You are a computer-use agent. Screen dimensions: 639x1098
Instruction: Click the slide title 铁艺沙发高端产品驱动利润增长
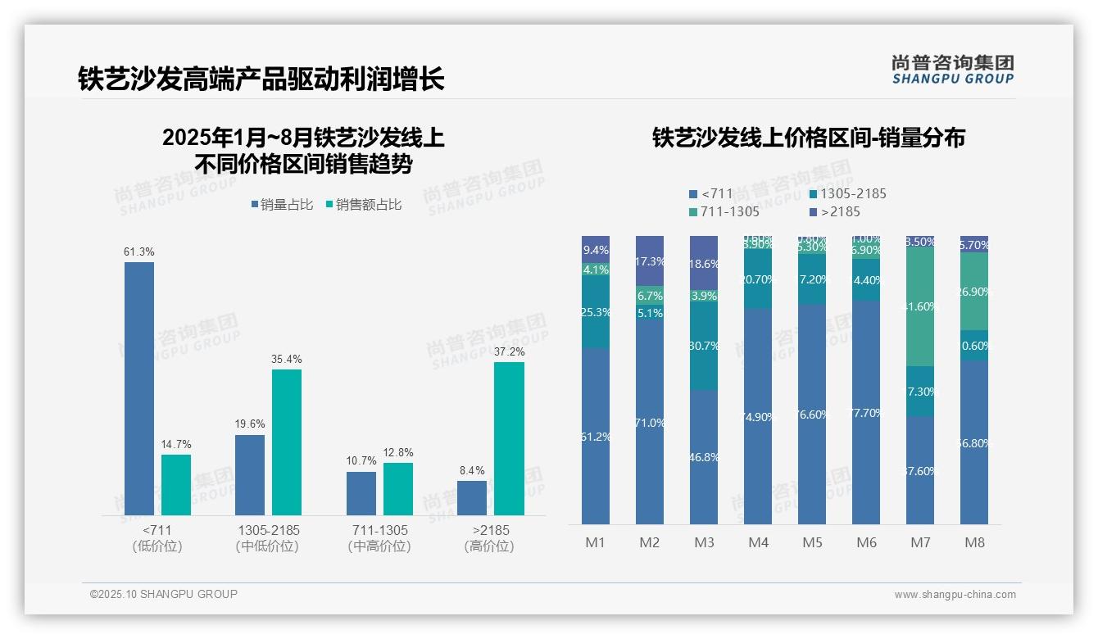tap(261, 79)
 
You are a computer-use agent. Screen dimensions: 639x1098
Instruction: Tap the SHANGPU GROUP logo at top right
tap(952, 70)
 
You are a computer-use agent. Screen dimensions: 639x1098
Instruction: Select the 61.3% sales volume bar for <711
tap(139, 388)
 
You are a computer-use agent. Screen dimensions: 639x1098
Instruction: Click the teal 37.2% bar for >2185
tap(509, 438)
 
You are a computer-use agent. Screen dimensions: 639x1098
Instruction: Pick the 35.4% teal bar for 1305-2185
tap(287, 442)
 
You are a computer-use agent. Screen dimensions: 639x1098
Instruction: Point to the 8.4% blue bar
tap(472, 498)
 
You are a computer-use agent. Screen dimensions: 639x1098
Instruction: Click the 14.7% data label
tap(176, 444)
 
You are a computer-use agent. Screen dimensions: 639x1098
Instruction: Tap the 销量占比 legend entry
tap(281, 205)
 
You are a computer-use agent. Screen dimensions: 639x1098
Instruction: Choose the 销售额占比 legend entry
tap(363, 205)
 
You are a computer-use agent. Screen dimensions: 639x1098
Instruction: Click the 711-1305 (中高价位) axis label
tap(378, 538)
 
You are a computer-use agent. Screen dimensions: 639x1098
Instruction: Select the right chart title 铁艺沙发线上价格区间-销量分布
tap(808, 138)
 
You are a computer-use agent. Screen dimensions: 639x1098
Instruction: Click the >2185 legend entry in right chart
tap(836, 212)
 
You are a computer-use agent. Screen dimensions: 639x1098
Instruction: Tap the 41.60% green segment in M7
tap(920, 306)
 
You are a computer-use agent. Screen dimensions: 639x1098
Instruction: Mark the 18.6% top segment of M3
tap(704, 264)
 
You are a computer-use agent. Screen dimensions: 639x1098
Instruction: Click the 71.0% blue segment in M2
tap(650, 423)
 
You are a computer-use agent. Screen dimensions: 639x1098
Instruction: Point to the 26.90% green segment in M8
tap(974, 292)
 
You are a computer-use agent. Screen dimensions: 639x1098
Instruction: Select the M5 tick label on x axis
tap(812, 542)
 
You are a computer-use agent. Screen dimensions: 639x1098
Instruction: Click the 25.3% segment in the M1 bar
tap(596, 312)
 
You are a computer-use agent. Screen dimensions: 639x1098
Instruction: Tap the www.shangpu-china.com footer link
tap(955, 595)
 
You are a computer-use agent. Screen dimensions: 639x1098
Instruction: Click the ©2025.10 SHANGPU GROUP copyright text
tap(164, 595)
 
